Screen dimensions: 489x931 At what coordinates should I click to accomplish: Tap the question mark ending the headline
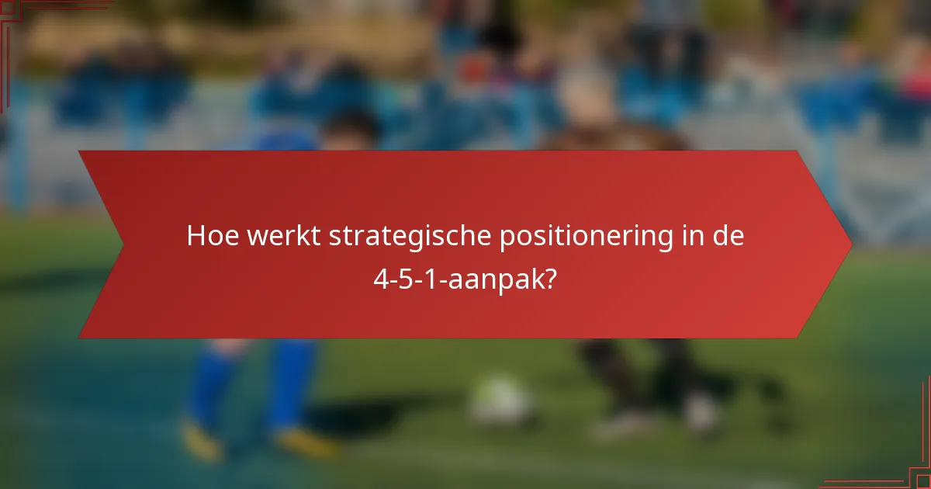tap(551, 279)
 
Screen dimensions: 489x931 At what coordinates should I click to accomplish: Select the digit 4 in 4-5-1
tap(381, 279)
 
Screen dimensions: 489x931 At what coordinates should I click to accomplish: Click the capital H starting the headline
tap(196, 237)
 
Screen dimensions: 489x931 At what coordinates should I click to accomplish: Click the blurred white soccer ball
tap(501, 401)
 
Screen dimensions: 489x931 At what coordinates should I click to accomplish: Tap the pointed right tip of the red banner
tap(850, 244)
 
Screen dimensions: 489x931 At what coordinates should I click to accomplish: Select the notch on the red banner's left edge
tap(123, 244)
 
